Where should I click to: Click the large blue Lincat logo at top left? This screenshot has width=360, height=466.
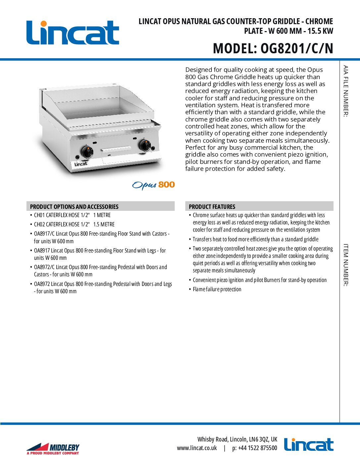point(72,33)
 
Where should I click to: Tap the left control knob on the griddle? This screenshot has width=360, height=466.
point(87,152)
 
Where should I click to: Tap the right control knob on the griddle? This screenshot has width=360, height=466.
point(145,145)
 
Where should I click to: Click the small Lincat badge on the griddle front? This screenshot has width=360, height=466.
point(81,164)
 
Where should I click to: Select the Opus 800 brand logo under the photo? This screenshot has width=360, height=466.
point(154,185)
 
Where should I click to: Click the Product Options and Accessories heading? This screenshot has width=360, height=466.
point(74,207)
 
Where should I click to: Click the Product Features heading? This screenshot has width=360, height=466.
point(212,207)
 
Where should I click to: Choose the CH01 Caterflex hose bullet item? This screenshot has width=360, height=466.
point(72,215)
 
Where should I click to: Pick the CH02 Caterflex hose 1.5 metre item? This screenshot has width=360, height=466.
point(74,224)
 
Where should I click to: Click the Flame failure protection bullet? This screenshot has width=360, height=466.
point(217,289)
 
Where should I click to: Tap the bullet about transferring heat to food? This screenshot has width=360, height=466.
point(255,239)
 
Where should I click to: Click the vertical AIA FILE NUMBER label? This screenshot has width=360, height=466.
point(345,91)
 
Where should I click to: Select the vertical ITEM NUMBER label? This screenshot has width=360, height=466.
point(345,265)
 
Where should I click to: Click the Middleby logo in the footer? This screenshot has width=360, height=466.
point(53,449)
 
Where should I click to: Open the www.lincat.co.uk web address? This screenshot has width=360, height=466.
point(197,448)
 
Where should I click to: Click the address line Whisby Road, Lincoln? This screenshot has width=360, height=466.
point(237,439)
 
